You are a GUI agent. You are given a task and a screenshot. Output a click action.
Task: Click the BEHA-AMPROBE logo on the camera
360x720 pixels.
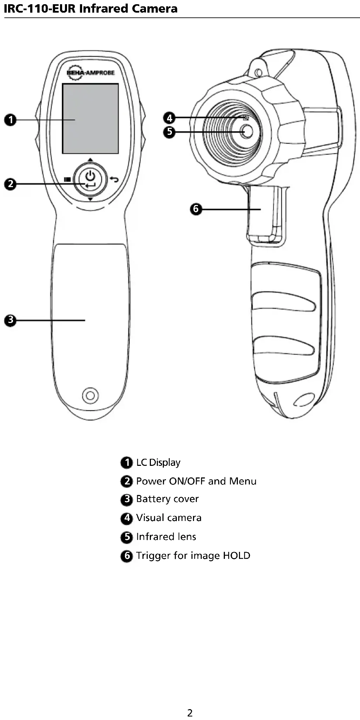tap(90, 72)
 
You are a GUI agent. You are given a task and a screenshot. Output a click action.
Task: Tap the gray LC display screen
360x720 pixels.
tap(90, 118)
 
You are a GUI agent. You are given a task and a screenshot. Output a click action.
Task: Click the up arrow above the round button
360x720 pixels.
tap(90, 160)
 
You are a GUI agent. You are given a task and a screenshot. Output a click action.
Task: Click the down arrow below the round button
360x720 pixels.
tap(90, 199)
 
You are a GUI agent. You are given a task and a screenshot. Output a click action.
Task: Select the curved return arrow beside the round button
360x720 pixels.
tap(114, 179)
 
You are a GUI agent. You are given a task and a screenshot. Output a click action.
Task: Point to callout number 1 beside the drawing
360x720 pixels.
tap(11, 120)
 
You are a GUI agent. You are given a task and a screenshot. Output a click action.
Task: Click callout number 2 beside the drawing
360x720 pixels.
tap(11, 184)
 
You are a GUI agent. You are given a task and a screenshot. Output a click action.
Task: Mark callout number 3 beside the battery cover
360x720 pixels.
tap(11, 320)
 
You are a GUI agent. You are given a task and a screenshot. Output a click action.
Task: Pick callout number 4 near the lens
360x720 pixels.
tap(169, 118)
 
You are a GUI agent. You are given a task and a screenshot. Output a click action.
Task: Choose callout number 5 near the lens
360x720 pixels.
tap(169, 132)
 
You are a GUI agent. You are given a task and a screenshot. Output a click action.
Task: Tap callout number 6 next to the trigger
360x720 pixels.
tap(196, 209)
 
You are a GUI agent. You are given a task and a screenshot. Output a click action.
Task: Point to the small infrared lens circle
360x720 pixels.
tap(247, 131)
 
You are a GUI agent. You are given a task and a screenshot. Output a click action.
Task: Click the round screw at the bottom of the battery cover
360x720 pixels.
tap(90, 396)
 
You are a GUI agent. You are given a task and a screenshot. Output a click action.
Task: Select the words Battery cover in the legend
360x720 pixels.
tap(167, 499)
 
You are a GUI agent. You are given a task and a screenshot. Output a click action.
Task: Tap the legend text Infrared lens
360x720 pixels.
tap(166, 537)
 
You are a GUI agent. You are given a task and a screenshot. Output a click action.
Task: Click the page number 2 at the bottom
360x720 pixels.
tap(190, 713)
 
